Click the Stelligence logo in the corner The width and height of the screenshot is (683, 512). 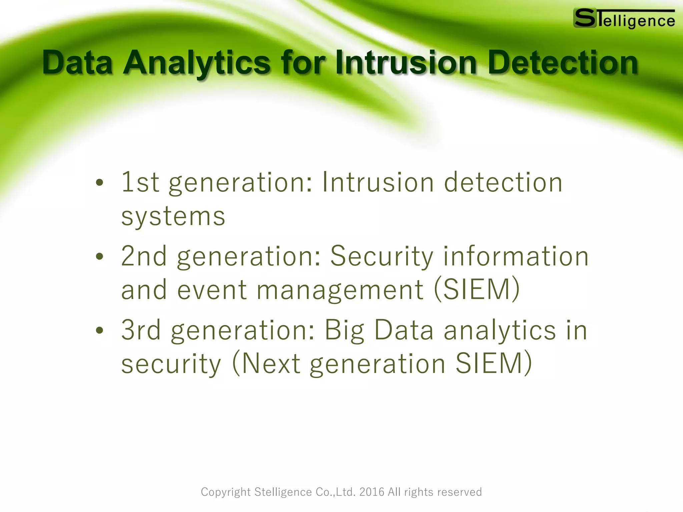624,19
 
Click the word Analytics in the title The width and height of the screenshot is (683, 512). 196,62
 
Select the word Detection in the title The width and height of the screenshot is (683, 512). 563,62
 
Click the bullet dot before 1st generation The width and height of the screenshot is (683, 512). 99,182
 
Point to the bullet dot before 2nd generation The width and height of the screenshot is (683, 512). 99,256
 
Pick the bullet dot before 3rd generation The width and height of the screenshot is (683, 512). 99,330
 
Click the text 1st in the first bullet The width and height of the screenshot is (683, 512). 140,182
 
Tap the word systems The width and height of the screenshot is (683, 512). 173,217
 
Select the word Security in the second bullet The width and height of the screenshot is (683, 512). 382,256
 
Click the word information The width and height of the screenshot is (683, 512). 516,256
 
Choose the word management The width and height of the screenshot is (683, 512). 340,290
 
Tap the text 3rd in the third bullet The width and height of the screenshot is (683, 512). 141,330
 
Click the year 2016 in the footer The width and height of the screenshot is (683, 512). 372,492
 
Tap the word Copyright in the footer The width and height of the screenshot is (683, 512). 225,492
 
